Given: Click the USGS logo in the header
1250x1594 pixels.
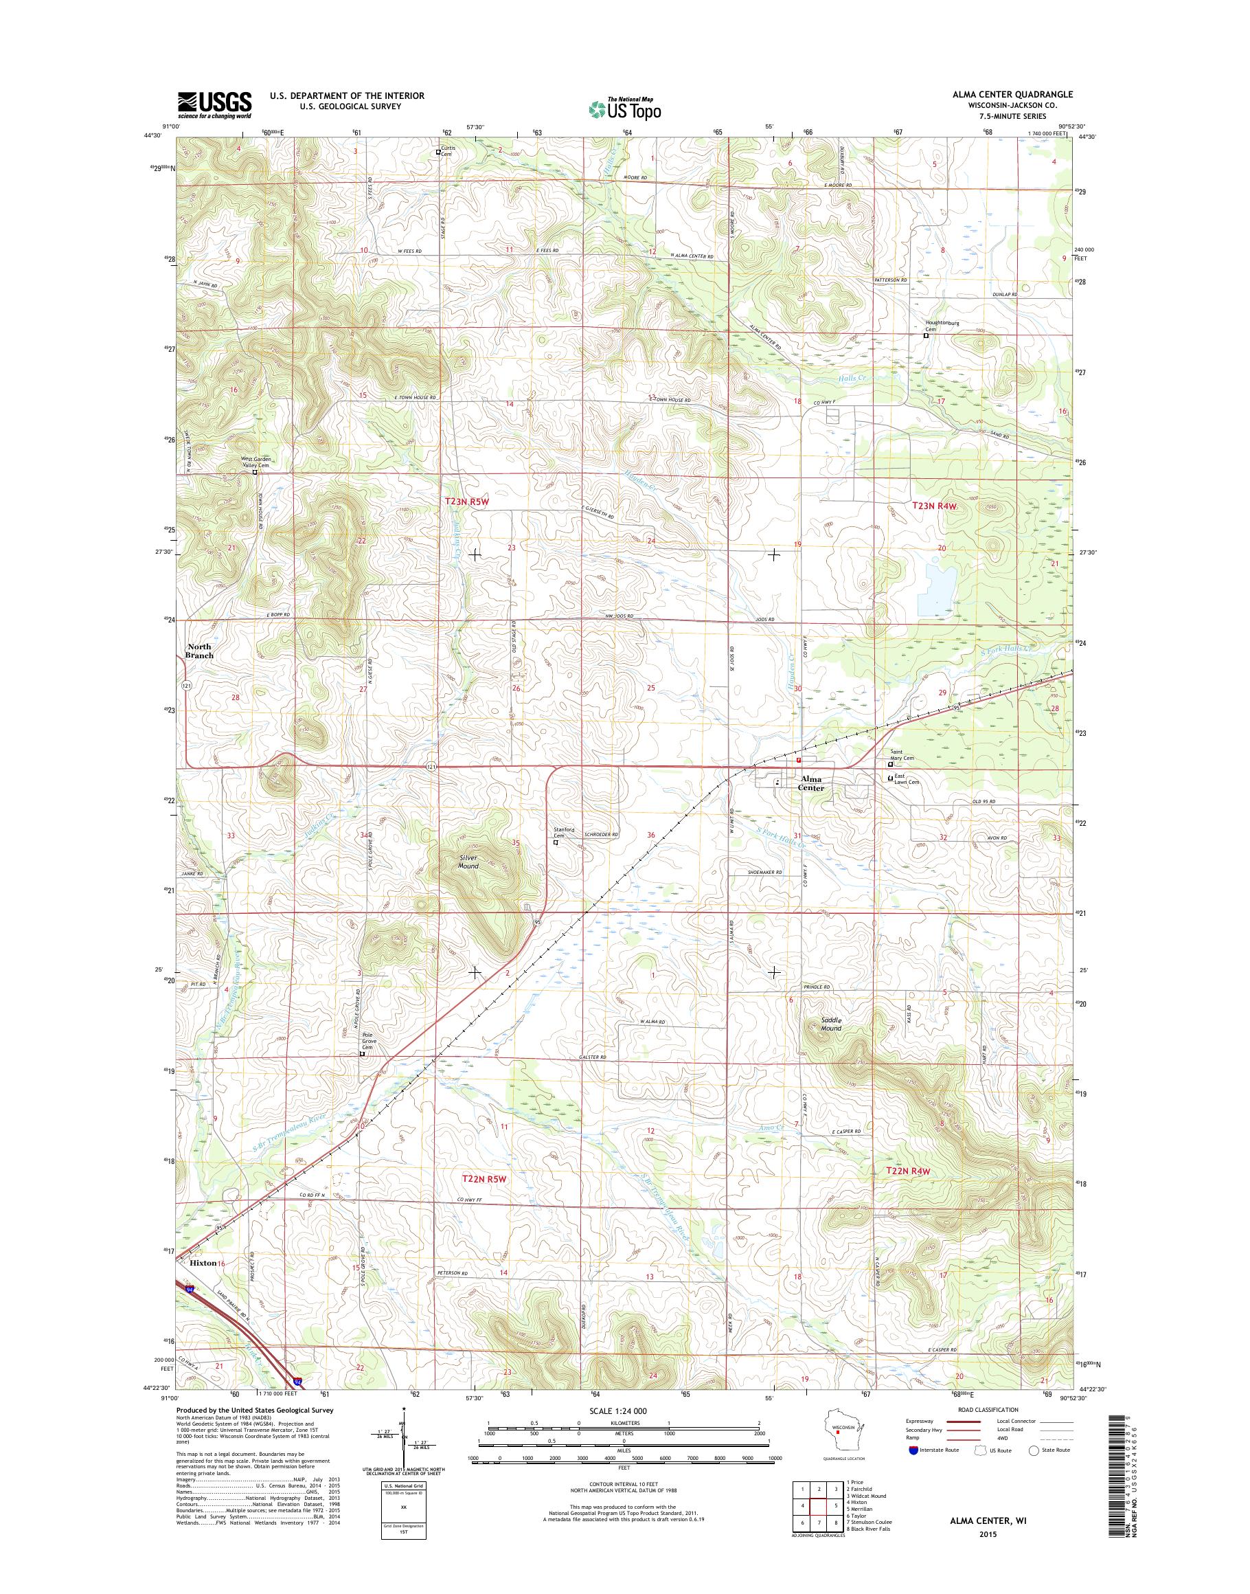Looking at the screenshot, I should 214,104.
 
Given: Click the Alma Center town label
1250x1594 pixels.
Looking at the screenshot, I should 812,783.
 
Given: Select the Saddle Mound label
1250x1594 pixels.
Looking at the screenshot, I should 830,1024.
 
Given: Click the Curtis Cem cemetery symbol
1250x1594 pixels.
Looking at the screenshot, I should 438,153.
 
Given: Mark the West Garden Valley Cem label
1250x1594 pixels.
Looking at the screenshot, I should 256,462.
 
